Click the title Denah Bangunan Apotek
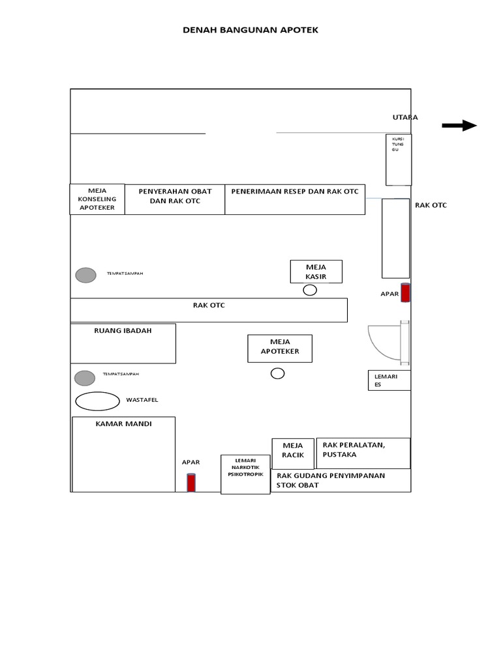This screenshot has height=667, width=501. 250,30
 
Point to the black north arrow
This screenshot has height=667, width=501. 459,126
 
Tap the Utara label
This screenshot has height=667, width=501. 404,117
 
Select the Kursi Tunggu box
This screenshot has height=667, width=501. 399,160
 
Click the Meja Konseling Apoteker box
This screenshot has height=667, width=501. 97,199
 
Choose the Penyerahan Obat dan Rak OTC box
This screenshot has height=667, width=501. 175,199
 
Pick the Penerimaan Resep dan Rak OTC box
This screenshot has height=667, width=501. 295,199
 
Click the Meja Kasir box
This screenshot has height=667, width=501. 316,272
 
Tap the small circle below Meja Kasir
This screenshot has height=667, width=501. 310,290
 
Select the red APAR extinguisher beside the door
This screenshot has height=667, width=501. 405,293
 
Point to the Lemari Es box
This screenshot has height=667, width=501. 389,380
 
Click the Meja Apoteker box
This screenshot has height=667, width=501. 280,348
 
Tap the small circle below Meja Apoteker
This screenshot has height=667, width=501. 278,373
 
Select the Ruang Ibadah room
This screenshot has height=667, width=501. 123,343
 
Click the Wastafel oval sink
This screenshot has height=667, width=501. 98,401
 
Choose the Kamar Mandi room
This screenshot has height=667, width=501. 123,454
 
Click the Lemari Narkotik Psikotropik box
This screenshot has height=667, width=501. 245,474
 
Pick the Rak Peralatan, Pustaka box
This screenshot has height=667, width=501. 363,453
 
